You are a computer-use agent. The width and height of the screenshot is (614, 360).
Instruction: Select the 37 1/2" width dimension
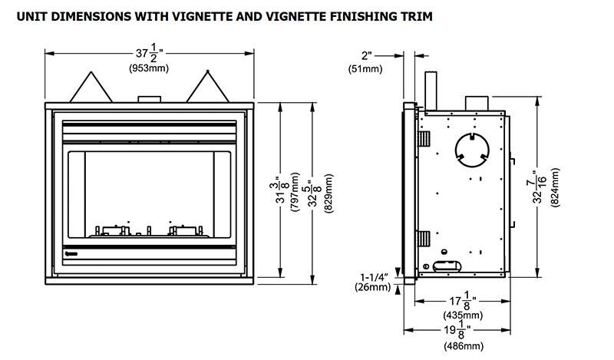point(148,54)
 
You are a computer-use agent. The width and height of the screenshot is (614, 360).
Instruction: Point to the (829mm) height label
point(328,193)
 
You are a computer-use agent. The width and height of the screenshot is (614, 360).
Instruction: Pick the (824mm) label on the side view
point(555,187)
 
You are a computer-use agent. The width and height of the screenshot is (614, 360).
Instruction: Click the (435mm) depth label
point(464,315)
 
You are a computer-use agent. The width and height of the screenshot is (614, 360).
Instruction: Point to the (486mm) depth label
point(464,346)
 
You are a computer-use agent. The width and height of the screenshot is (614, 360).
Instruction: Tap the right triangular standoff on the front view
point(208,86)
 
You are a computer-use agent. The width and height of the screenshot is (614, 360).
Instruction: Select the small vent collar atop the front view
point(148,98)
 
